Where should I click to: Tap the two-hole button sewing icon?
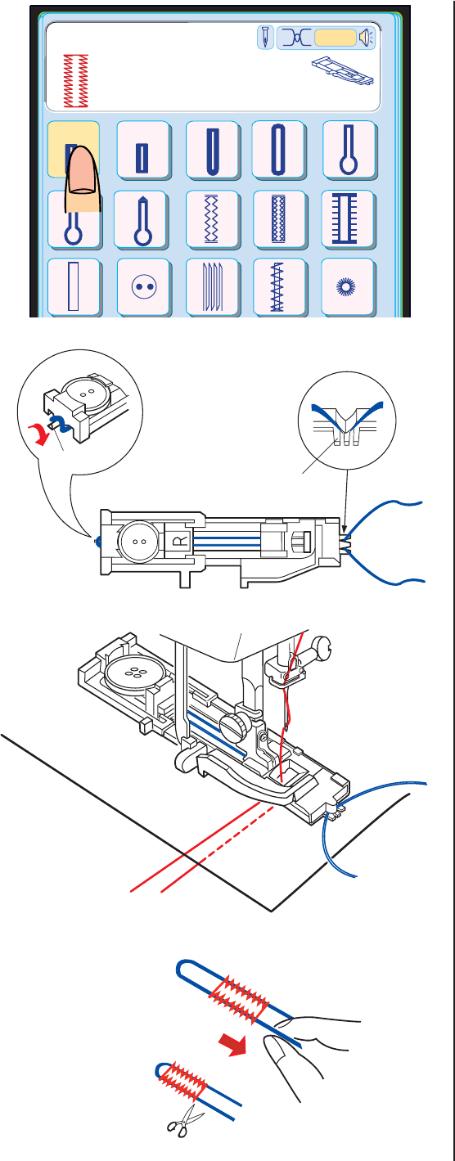point(143,286)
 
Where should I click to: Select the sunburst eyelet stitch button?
point(347,286)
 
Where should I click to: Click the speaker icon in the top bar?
point(367,38)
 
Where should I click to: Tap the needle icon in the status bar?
point(265,38)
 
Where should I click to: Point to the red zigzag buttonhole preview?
point(75,81)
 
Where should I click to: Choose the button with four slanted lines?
point(213,286)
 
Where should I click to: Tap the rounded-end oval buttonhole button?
point(278,149)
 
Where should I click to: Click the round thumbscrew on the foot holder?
point(233,723)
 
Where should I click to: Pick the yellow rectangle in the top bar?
point(336,38)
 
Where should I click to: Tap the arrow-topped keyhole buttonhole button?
point(141,218)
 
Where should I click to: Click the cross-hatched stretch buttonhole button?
point(279,218)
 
